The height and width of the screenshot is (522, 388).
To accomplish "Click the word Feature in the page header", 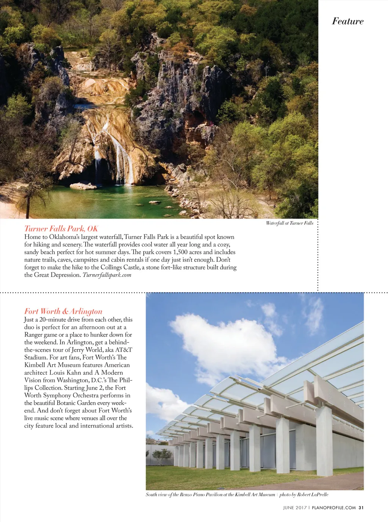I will point(347,21).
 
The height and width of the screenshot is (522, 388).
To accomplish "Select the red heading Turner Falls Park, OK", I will point(61,228).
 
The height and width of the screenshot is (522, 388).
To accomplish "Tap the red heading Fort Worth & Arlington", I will point(63,311).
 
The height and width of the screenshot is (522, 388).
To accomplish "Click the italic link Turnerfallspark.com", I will point(107,275).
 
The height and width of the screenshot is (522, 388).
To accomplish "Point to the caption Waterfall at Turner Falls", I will point(289,223).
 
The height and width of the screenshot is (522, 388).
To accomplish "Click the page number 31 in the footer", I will point(361,508).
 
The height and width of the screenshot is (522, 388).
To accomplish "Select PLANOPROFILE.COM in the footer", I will point(334,508).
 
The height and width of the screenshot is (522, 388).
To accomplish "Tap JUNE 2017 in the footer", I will point(295,508).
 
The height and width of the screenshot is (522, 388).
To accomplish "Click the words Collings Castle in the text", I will point(120,267).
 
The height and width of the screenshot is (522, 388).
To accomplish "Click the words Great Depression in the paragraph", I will point(57,275).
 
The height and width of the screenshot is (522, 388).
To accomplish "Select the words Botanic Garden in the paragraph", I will point(76,403).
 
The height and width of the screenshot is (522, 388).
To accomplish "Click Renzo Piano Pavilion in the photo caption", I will point(201,495).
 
